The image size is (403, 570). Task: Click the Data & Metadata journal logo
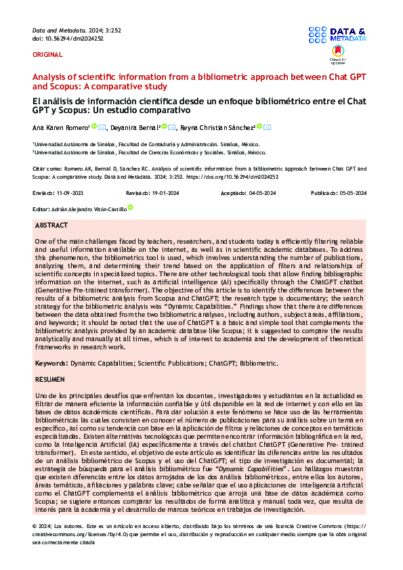tap(337, 35)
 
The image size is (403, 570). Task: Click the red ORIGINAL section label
tap(47, 54)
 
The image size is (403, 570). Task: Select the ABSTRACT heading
tap(51, 225)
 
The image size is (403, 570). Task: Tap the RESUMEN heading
tap(51, 380)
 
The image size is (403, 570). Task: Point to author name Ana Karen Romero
tap(60, 127)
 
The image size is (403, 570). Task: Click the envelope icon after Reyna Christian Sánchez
tap(268, 127)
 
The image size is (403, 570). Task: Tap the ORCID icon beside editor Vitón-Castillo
tap(130, 209)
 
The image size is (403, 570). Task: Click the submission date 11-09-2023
tap(76, 193)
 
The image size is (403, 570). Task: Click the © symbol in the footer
tap(35, 526)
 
